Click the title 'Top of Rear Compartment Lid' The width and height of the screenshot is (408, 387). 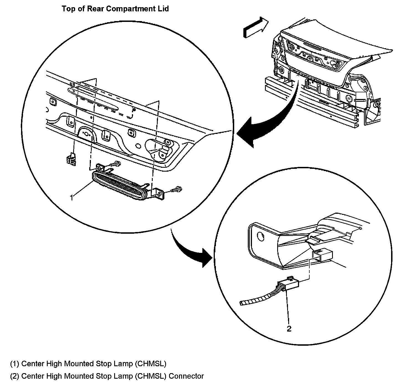(115, 9)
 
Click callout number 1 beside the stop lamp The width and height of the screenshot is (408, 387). (72, 198)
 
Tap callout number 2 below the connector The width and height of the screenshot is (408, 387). (289, 329)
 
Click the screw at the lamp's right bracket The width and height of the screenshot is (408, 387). (176, 190)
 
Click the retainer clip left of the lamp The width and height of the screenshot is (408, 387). (71, 159)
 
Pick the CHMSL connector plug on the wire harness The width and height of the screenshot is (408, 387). (290, 284)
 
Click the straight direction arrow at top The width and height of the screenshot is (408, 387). (255, 27)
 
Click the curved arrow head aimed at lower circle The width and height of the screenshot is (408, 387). (206, 258)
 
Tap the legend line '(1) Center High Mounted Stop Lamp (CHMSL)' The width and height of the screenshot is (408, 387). (88, 363)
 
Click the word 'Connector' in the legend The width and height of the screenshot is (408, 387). (186, 376)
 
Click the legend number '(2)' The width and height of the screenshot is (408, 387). (14, 376)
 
